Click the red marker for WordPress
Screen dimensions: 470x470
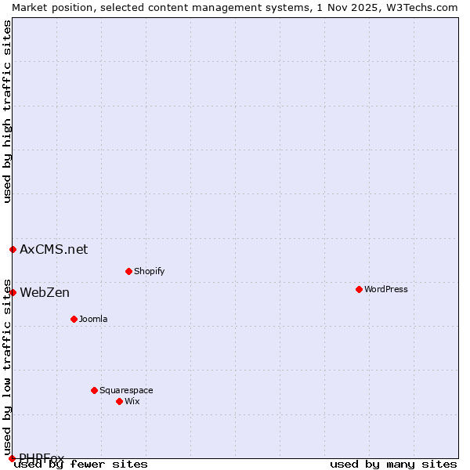359,289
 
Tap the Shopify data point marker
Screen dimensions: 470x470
128,271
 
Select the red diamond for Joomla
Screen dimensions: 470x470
74,319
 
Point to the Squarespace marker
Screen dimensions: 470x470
94,390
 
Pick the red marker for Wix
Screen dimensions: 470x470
119,401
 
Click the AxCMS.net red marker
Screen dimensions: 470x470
13,249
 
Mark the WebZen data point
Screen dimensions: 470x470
13,292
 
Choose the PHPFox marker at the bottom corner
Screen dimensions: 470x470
12,458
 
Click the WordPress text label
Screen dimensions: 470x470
386,289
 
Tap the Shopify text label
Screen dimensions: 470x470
149,271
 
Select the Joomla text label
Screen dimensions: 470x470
93,319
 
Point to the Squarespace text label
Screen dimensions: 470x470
126,390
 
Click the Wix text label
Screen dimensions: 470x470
132,401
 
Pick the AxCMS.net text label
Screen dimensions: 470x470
54,249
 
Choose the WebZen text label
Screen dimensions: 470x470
45,292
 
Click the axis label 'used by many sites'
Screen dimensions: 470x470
393,465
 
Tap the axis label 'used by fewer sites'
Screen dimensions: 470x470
81,465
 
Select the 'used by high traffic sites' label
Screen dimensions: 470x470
7,111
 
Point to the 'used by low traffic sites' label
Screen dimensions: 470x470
7,367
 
